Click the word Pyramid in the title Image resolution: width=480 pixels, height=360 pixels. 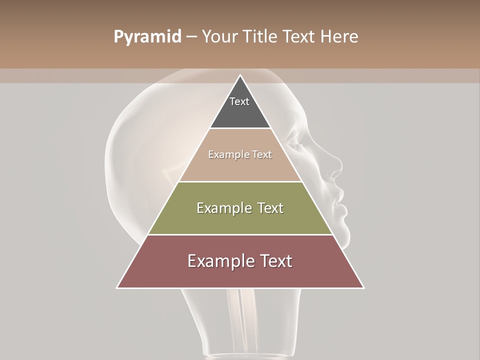pyautogui.click(x=147, y=37)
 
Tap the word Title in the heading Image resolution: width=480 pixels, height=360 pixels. pyautogui.click(x=261, y=37)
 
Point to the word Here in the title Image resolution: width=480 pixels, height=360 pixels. pyautogui.click(x=339, y=37)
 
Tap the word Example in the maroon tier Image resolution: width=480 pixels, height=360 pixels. pyautogui.click(x=218, y=261)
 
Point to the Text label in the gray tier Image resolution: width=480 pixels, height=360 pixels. pyautogui.click(x=239, y=101)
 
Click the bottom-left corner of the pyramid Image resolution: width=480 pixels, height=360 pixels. pyautogui.click(x=117, y=287)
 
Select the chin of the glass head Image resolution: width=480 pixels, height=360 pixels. pyautogui.click(x=345, y=225)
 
